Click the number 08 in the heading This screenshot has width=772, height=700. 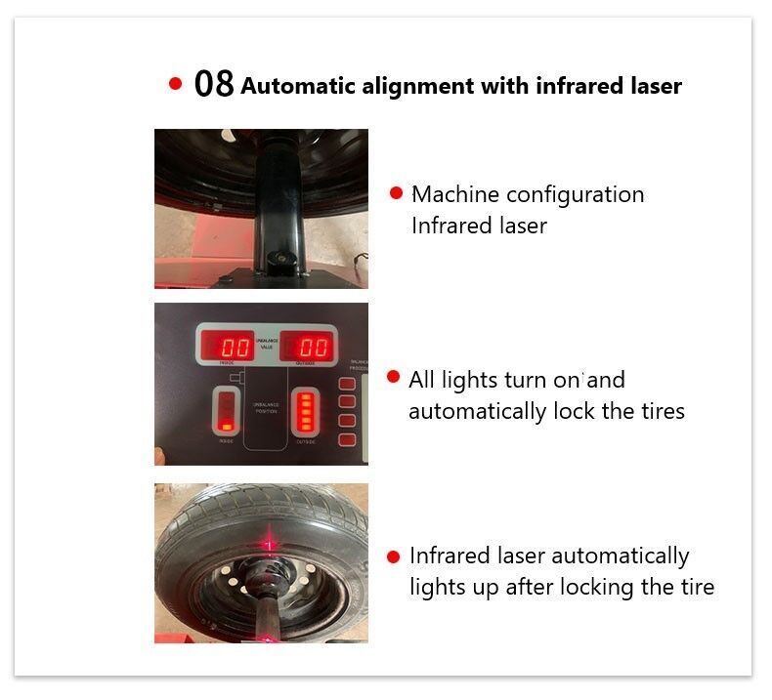(x=214, y=84)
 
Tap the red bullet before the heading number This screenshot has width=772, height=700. (x=176, y=84)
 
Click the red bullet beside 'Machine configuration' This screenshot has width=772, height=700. (x=396, y=193)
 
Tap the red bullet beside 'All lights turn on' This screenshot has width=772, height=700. (x=394, y=377)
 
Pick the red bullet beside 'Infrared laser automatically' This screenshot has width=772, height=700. (x=394, y=556)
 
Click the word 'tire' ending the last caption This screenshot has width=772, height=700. (x=695, y=587)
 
